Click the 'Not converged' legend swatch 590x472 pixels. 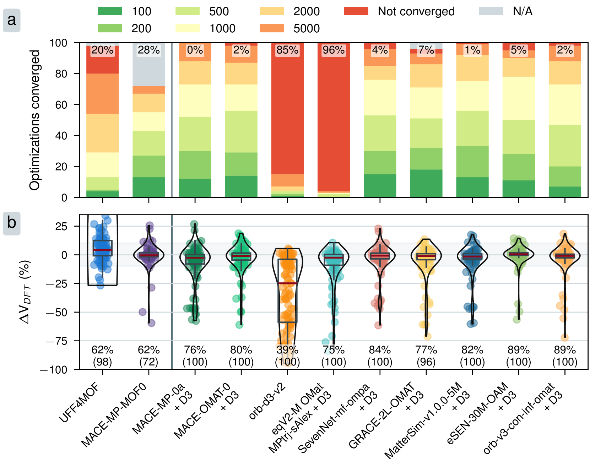click(x=356, y=11)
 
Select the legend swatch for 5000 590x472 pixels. click(x=272, y=28)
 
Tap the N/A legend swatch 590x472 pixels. click(x=491, y=11)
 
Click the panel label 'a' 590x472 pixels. click(x=12, y=20)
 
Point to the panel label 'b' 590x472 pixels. click(x=12, y=223)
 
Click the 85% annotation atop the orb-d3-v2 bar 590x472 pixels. click(x=287, y=50)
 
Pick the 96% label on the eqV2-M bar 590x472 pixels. click(x=334, y=50)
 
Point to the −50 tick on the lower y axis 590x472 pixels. click(x=56, y=313)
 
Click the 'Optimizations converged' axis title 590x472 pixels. click(x=35, y=120)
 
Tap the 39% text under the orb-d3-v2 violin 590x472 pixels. click(x=287, y=350)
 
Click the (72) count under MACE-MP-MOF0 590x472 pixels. click(x=149, y=362)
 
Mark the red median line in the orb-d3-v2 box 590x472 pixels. click(x=287, y=283)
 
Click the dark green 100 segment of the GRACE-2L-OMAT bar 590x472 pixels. click(x=426, y=183)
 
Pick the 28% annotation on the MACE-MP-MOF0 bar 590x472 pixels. click(x=149, y=50)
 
